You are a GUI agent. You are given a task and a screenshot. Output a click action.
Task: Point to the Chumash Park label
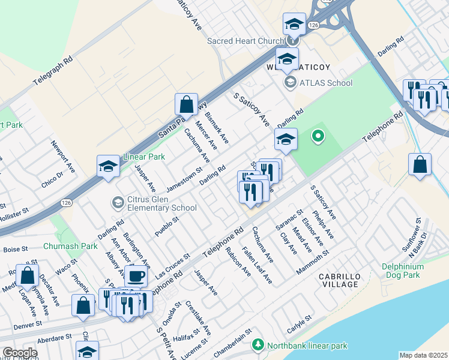click(70, 246)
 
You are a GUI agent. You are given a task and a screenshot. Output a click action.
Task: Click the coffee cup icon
click(136, 276)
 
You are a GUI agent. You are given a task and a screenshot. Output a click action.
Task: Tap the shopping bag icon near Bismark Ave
click(186, 104)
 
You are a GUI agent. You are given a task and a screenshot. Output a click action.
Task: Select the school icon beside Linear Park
click(109, 167)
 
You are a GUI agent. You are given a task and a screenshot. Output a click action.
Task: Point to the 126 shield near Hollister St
click(63, 203)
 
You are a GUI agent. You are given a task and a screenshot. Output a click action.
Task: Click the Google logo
click(20, 353)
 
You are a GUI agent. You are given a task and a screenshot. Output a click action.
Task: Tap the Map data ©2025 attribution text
click(423, 355)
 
